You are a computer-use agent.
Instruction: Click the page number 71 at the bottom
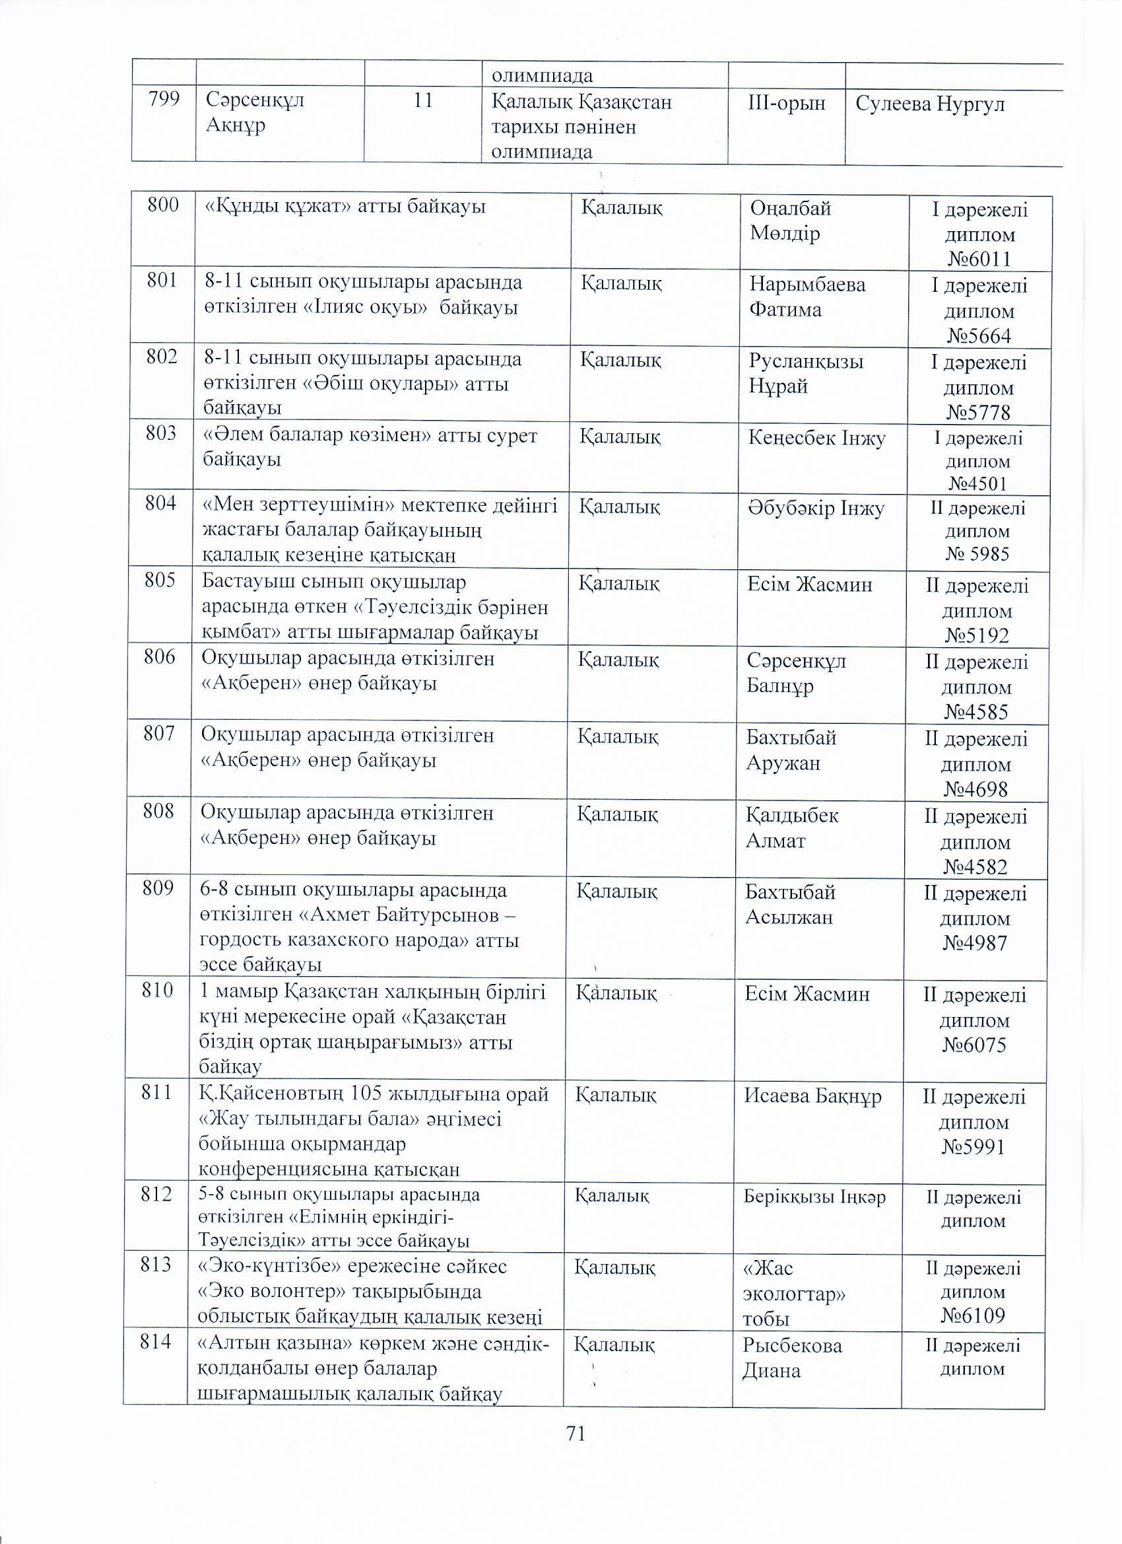pyautogui.click(x=575, y=1434)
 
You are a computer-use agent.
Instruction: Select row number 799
pyautogui.click(x=163, y=100)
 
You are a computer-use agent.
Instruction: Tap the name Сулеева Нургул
pyautogui.click(x=929, y=104)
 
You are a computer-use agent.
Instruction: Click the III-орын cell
pyautogui.click(x=787, y=104)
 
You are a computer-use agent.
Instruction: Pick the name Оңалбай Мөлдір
pyautogui.click(x=790, y=221)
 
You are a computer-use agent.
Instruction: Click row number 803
pyautogui.click(x=161, y=433)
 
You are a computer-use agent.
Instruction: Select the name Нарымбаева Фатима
pyautogui.click(x=807, y=297)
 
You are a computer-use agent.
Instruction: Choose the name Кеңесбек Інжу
pyautogui.click(x=816, y=438)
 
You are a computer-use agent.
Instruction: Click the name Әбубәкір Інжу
pyautogui.click(x=816, y=509)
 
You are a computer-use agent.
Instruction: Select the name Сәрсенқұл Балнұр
pyautogui.click(x=796, y=672)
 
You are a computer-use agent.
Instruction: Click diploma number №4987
pyautogui.click(x=975, y=943)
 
